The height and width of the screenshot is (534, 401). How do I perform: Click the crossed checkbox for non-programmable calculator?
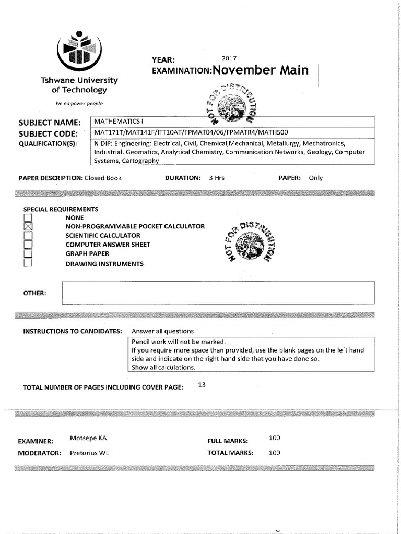28,226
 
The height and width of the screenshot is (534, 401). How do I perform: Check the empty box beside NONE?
28,217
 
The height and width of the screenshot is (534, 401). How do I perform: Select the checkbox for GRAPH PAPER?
28,253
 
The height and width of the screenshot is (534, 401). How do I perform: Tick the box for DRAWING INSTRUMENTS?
28,263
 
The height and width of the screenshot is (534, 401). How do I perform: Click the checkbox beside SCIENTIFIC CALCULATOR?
28,235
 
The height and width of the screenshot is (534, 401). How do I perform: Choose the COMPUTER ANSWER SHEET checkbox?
28,245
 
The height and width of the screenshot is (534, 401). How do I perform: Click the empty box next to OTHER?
218,293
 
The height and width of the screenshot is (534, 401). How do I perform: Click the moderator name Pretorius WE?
90,453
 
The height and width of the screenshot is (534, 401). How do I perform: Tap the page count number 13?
203,385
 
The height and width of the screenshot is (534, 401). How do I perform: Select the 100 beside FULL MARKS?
274,439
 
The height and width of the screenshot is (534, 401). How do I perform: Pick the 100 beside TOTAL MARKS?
274,453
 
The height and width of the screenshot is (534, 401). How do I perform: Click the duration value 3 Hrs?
216,178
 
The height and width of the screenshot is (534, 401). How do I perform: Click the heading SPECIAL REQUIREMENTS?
61,209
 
